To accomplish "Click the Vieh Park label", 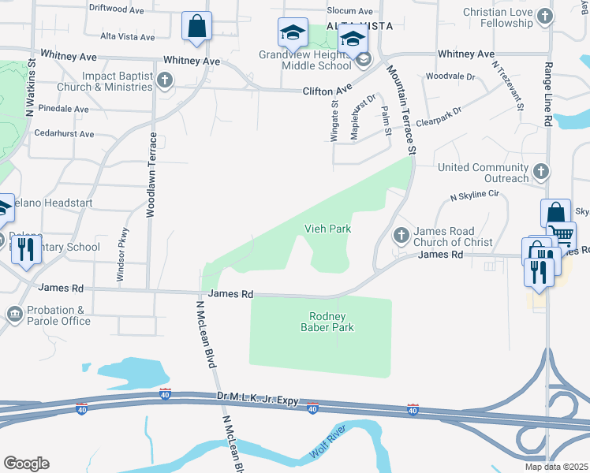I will pyautogui.click(x=327, y=229).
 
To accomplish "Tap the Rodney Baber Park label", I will pyautogui.click(x=327, y=321).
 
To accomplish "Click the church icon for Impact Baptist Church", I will pyautogui.click(x=164, y=80).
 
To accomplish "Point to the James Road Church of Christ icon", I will pyautogui.click(x=401, y=234).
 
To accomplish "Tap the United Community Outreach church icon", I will pyautogui.click(x=540, y=170).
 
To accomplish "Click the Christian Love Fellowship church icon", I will pyautogui.click(x=544, y=16).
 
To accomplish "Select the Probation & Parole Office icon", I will pyautogui.click(x=14, y=315).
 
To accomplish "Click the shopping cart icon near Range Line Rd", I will pyautogui.click(x=562, y=235).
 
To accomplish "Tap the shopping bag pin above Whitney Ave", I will pyautogui.click(x=196, y=26).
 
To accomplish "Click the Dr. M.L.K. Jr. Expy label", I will pyautogui.click(x=258, y=400).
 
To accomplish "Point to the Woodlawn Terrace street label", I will pyautogui.click(x=151, y=175).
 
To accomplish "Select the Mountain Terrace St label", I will pyautogui.click(x=401, y=109).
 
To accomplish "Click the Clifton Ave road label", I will pyautogui.click(x=327, y=91).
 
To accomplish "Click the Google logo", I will pyautogui.click(x=26, y=464).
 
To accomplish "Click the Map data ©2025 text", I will pyautogui.click(x=556, y=467).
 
